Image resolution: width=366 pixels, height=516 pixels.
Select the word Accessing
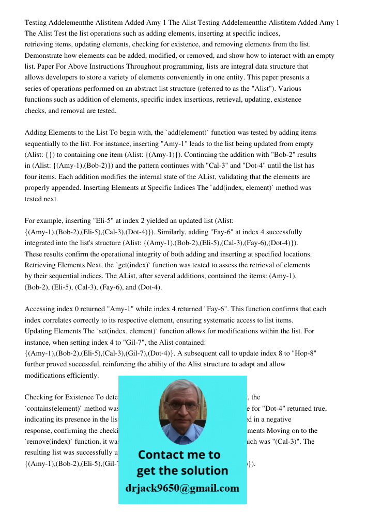[40, 309]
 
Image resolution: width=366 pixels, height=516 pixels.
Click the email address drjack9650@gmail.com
[182, 488]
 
